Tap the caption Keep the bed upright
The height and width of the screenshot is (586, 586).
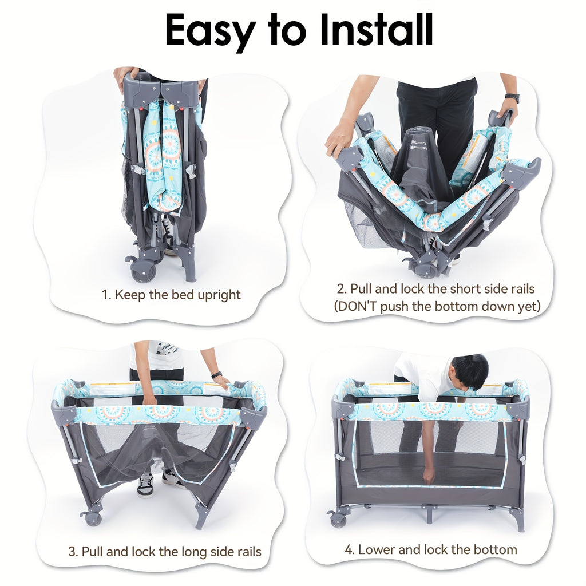coord(171,295)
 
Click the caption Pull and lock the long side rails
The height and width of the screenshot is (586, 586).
coord(165,552)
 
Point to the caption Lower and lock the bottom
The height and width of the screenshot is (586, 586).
coord(430,549)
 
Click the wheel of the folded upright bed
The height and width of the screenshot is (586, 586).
coord(143,271)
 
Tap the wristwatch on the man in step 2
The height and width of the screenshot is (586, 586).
coord(512,98)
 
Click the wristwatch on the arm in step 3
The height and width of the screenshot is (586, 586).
coord(216,375)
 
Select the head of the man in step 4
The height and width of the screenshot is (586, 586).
coord(470,371)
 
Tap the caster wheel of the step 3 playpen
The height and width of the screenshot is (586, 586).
coord(92,518)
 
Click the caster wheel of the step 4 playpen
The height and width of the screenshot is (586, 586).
coord(338,520)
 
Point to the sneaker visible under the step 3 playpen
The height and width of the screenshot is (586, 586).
coord(145,485)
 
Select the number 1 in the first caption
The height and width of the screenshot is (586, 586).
coord(105,295)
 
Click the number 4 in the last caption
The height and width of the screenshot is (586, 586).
coord(349,550)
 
